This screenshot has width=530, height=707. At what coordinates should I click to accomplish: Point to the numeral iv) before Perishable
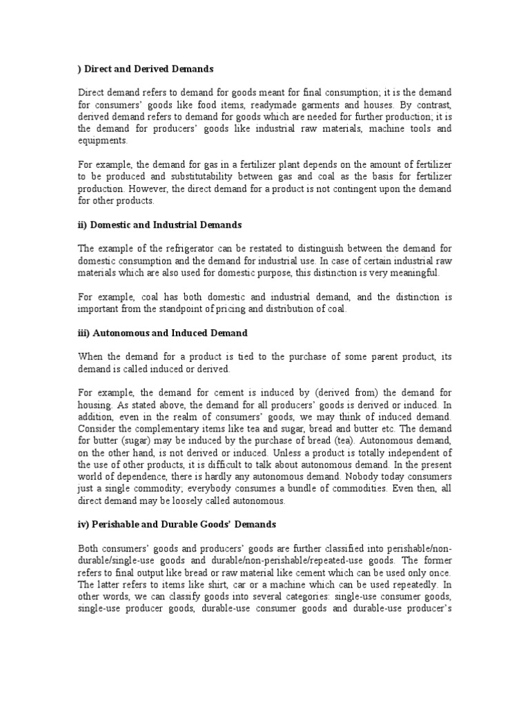click(83, 524)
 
